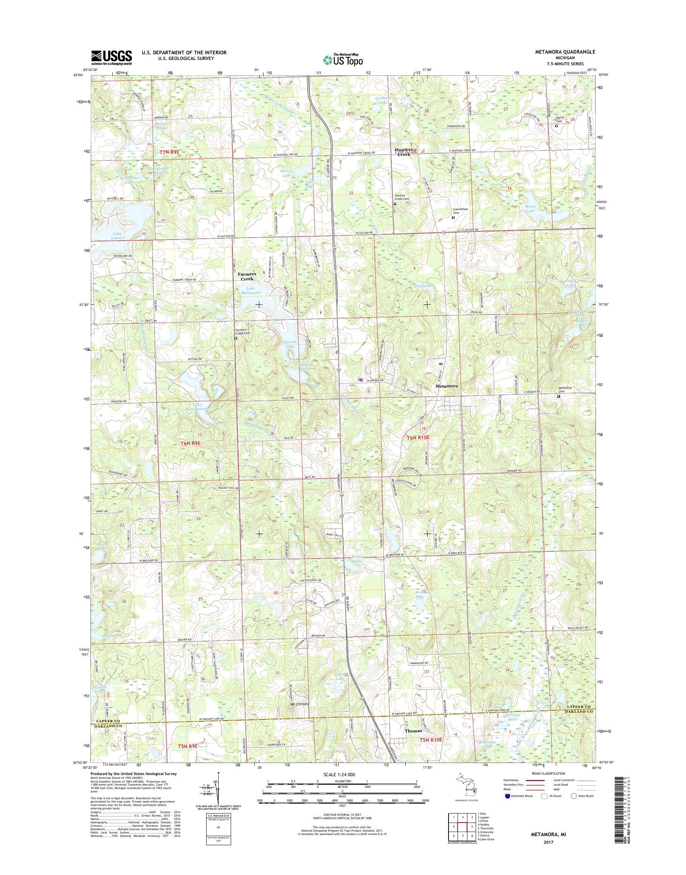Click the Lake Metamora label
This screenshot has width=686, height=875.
point(251,290)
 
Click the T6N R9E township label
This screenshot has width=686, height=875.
point(190,443)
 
